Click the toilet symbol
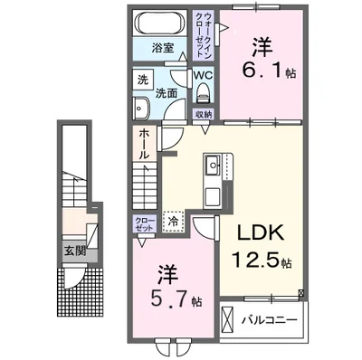[204, 93]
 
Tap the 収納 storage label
[204, 113]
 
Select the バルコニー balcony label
[272, 320]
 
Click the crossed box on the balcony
[230, 319]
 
